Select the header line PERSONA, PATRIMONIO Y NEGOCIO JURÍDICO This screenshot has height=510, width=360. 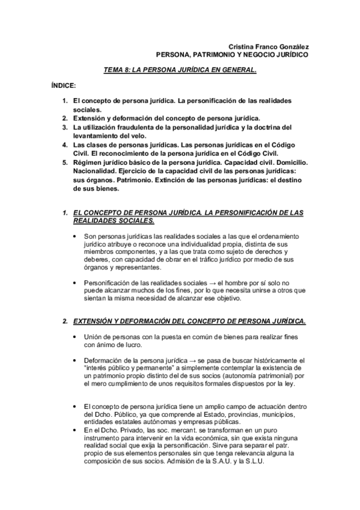point(232,54)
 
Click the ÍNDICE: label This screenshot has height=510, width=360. point(63,86)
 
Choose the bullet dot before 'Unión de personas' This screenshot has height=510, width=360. point(74,337)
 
